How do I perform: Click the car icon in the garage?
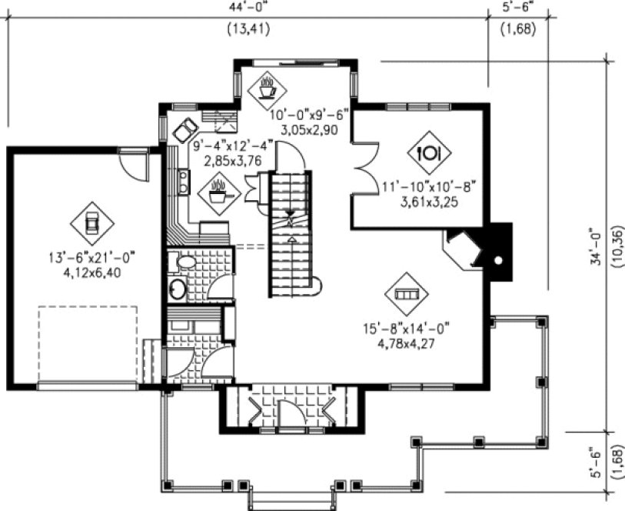click(x=91, y=223)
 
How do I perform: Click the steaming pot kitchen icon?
click(x=219, y=190)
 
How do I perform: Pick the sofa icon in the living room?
click(x=405, y=293)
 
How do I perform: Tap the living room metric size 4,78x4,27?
click(x=406, y=343)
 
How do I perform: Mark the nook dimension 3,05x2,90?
click(x=309, y=129)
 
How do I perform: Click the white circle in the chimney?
click(x=499, y=260)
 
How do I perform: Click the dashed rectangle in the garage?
click(x=88, y=344)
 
